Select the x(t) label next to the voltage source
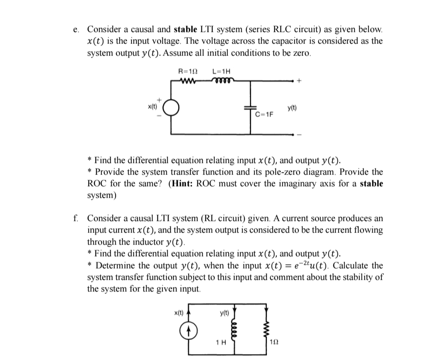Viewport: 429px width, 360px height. tap(153, 105)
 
